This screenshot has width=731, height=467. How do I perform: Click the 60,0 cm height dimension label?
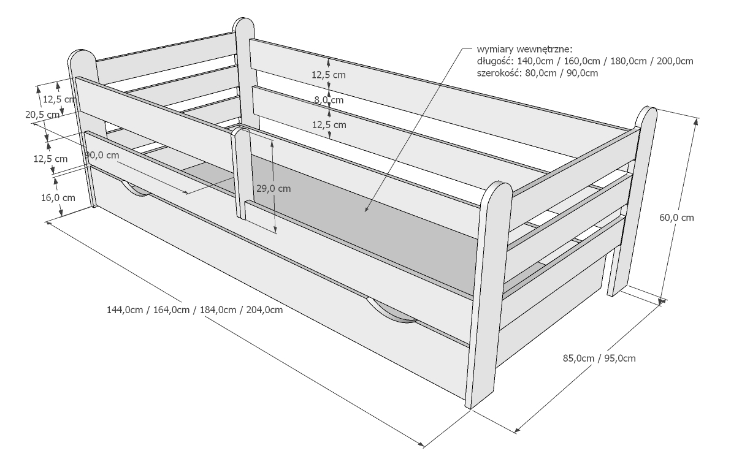point(676,218)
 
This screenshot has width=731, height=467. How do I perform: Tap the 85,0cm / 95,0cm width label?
point(599,358)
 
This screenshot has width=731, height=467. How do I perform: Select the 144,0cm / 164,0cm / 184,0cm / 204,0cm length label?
point(195,309)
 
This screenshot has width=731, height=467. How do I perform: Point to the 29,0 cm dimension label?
point(273,188)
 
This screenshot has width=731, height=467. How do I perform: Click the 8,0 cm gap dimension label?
point(329,100)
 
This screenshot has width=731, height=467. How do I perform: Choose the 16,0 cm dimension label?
point(58,197)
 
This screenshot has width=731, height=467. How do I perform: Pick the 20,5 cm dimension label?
point(42,114)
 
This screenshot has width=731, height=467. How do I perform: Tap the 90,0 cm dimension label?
point(102,155)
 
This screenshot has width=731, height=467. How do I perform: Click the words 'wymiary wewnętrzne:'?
point(524,50)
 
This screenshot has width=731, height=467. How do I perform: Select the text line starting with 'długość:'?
point(584,61)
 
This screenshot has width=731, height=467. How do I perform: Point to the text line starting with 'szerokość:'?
point(537,73)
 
